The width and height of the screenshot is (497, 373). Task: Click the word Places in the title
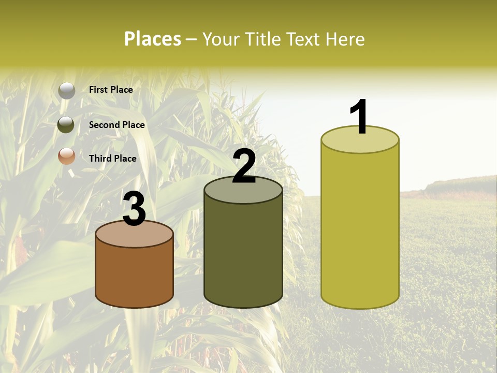pos(153,39)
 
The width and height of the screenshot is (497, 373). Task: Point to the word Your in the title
pos(221,39)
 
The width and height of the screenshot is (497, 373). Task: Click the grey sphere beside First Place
pos(67,91)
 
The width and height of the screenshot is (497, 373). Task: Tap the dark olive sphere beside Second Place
pos(67,125)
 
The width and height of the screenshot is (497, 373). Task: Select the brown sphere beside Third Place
pos(67,156)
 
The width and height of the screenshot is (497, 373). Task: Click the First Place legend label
pos(111,90)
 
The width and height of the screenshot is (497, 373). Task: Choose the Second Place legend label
pos(116,125)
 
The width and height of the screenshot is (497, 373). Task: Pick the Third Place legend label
pos(112,159)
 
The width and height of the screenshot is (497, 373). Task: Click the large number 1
pos(359,117)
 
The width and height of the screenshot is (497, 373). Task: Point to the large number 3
pos(134,209)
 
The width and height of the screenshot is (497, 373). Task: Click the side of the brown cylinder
pos(135,277)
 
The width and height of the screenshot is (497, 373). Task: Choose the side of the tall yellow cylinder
pos(360,228)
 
